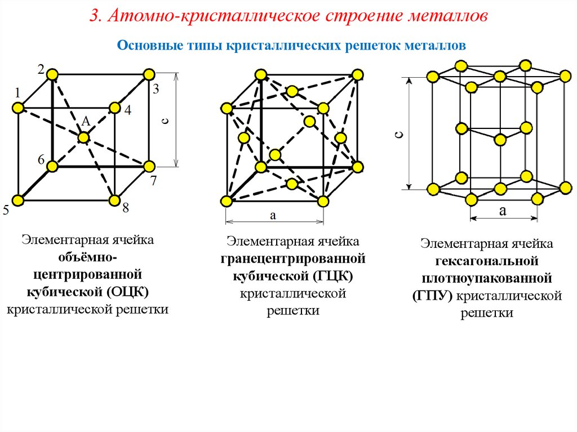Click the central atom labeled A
coord(84,137)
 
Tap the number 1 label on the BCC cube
coord(17,92)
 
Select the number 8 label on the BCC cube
coord(126,208)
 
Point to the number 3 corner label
coord(156,88)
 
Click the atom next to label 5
coord(17,201)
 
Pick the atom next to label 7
coord(149,166)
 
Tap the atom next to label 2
coord(52,75)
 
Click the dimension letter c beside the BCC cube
coord(166,121)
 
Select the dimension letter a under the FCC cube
coord(273,215)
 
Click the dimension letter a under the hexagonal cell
coord(503,211)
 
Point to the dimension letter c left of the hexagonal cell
coord(399,135)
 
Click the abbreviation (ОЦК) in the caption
coord(128,292)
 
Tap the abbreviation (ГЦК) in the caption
coord(334,276)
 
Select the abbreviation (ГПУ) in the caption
coord(432,296)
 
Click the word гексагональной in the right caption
coord(486,261)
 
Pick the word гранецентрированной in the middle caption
coord(293,259)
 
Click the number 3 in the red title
coord(95,16)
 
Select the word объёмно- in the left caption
coord(87,257)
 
